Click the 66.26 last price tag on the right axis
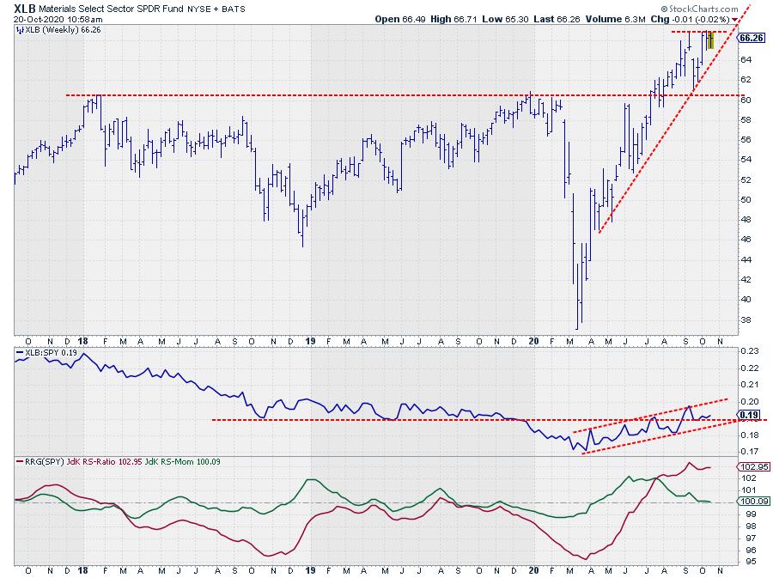751,38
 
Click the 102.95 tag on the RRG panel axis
750,466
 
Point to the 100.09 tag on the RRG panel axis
750,502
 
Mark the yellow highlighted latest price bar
710,40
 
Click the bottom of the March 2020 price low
578,328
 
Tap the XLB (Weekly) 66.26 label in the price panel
53,29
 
